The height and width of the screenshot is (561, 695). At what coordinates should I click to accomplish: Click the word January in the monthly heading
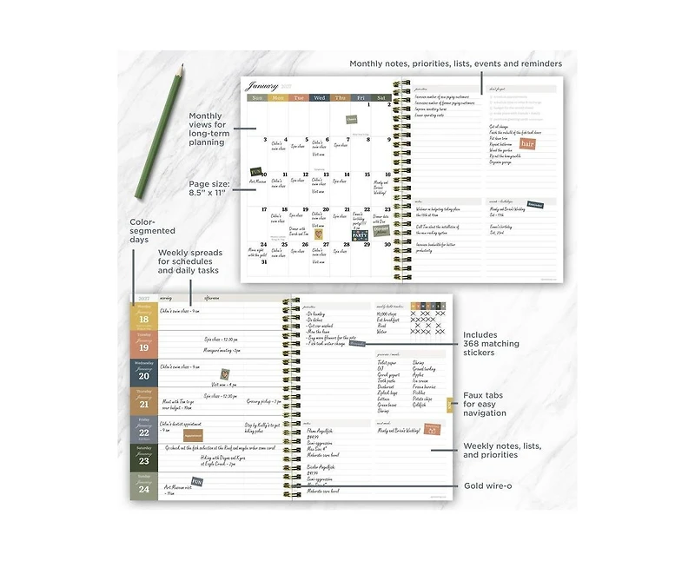(261, 86)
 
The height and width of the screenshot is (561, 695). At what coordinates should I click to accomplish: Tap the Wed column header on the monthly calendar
(320, 98)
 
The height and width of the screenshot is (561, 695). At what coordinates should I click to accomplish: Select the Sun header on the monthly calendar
(257, 98)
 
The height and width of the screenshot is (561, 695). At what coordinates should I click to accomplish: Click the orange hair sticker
(526, 143)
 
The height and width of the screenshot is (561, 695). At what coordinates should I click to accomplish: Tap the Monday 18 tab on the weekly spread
(143, 316)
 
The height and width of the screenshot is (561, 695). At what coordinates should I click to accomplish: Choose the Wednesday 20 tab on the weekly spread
(143, 373)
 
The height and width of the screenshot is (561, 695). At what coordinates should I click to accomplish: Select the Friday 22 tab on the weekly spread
(143, 429)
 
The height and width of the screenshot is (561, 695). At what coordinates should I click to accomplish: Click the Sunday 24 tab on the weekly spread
(143, 486)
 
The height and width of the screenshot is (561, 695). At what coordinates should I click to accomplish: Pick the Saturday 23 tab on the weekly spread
(143, 458)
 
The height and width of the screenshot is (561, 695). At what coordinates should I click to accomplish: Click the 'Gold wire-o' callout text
(487, 485)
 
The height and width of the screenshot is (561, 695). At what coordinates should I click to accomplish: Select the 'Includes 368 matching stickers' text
(491, 344)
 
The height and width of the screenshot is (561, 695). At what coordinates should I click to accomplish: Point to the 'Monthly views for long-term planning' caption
(207, 128)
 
